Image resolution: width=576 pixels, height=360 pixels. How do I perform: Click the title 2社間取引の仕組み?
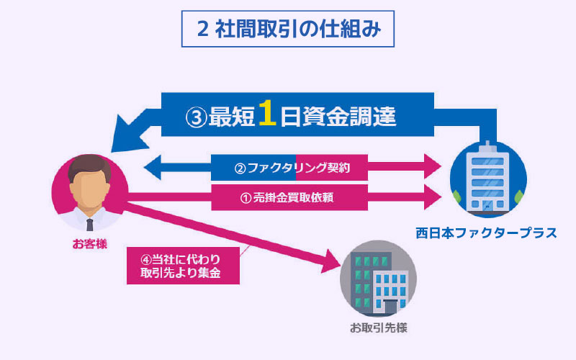(x=287, y=30)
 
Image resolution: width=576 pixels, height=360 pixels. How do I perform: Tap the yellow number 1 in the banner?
(x=268, y=115)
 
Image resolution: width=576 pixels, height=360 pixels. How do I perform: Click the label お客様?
(x=89, y=243)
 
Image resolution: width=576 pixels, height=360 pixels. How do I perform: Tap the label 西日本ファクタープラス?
(x=486, y=233)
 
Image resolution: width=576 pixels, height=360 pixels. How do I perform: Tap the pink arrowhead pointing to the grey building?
(x=331, y=262)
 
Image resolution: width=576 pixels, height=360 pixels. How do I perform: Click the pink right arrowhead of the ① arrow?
(x=432, y=195)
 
